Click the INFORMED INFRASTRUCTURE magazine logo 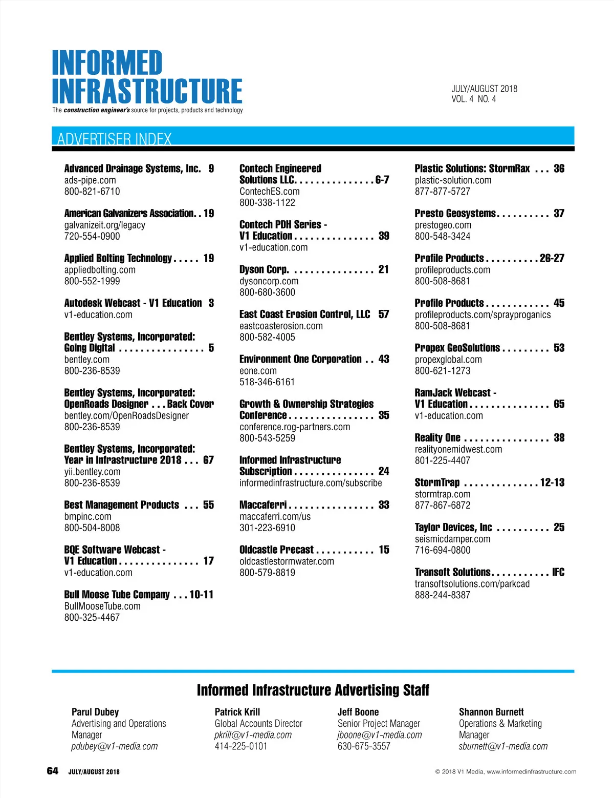147,77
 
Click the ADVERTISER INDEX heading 114,139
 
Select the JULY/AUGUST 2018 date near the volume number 484,89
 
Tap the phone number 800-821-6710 92,192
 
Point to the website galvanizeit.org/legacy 105,225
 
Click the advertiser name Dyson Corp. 264,269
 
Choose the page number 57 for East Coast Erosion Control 384,314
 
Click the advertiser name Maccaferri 263,505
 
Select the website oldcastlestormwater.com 287,561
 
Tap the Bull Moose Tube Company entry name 117,595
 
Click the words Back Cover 190,404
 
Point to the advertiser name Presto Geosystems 455,214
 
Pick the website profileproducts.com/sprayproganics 483,314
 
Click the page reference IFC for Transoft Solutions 558,572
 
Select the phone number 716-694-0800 443,550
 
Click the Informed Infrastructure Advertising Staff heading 313,690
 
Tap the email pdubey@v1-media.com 115,746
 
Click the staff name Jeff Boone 358,712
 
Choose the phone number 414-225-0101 241,746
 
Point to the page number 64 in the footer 53,771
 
